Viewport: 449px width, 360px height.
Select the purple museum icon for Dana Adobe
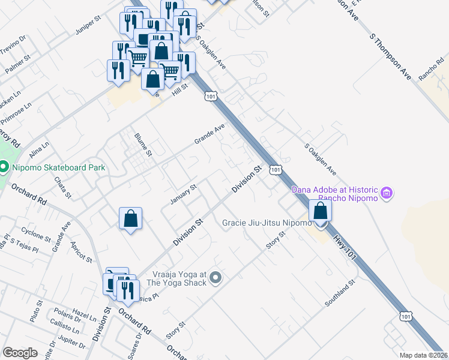pyautogui.click(x=387, y=193)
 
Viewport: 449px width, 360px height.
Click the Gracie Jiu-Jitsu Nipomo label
pyautogui.click(x=267, y=223)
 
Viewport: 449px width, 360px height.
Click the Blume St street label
pyautogui.click(x=145, y=145)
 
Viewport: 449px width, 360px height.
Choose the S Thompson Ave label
pyautogui.click(x=391, y=57)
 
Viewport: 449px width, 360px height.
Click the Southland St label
pyautogui.click(x=340, y=293)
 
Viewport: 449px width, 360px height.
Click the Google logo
pyautogui.click(x=20, y=353)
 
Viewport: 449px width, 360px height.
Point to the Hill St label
pyautogui.click(x=180, y=88)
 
